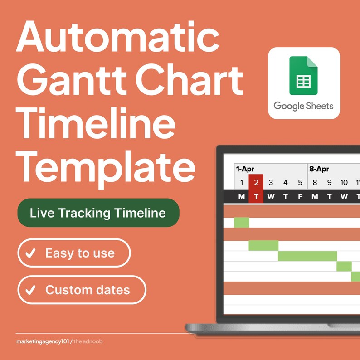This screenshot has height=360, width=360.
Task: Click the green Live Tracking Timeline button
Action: [98, 213]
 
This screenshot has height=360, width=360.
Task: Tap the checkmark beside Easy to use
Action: [31, 253]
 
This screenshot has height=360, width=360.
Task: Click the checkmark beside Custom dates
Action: [31, 290]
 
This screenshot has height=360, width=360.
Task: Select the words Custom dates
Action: [88, 290]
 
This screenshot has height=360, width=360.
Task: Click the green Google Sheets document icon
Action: [304, 75]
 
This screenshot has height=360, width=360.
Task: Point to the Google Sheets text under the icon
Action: [303, 106]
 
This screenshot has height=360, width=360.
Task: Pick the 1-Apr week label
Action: [245, 169]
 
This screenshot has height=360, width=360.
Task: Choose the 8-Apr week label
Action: [319, 169]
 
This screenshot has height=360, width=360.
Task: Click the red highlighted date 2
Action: [256, 183]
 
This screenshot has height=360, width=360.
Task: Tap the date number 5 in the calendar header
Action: [300, 183]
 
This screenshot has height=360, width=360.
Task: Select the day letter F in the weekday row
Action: [300, 196]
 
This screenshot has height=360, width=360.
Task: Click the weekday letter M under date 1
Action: [242, 196]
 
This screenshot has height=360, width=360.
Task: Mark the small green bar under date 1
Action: [242, 223]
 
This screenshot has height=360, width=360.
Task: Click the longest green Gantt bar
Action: [307, 256]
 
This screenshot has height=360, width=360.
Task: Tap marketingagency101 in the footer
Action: [42, 341]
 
